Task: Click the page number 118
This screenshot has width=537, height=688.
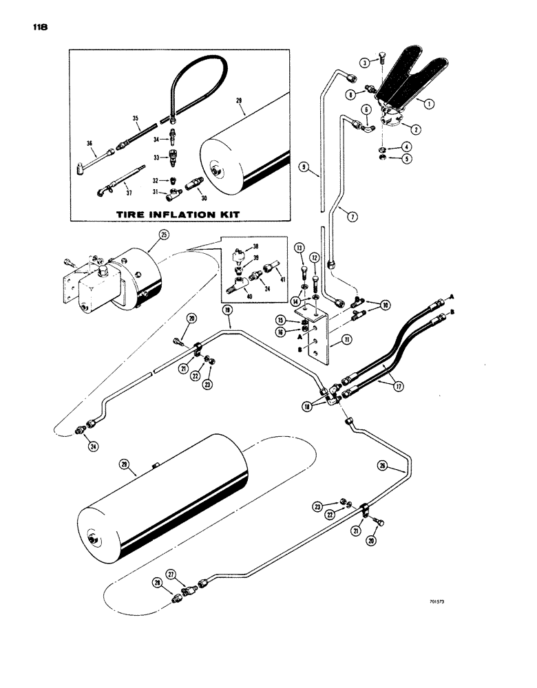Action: click(x=39, y=28)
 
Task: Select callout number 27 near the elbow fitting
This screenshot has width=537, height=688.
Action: click(x=172, y=573)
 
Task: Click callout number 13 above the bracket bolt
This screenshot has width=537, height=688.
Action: click(x=299, y=248)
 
